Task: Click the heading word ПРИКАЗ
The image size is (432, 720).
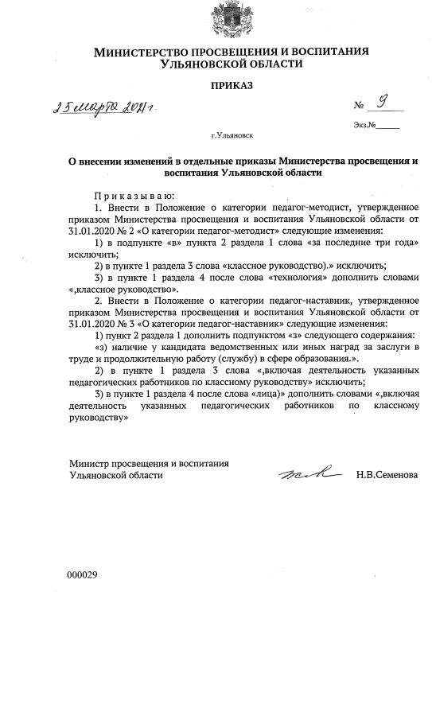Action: [231, 85]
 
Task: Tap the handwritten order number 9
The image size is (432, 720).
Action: [383, 103]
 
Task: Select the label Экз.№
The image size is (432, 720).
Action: [363, 126]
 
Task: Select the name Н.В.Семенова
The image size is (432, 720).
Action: [387, 475]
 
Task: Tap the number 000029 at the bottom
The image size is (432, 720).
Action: [82, 574]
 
